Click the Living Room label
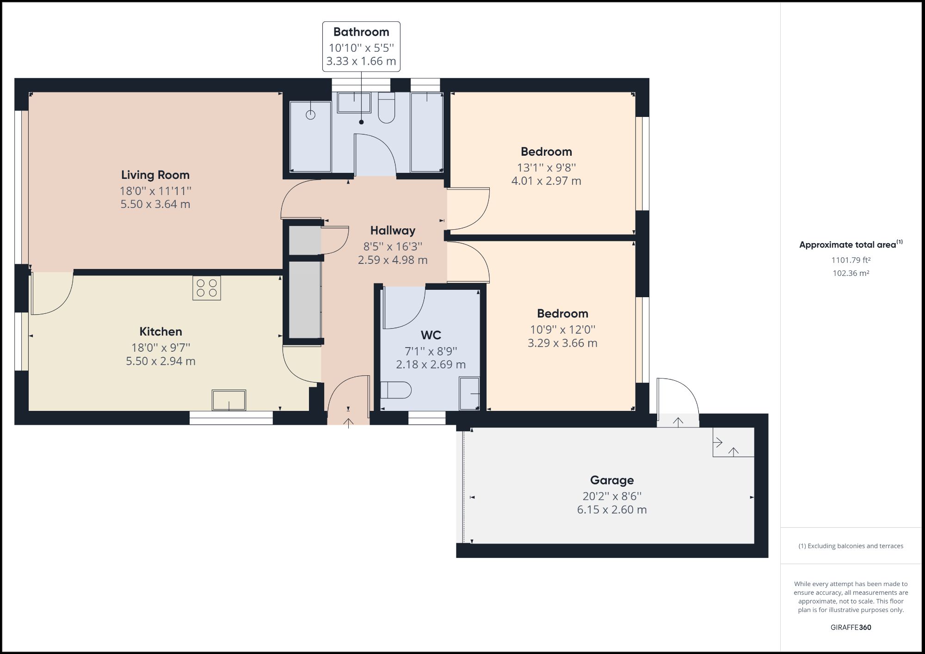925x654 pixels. (x=155, y=175)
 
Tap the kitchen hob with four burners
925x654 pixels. (x=207, y=288)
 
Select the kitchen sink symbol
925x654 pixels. (x=229, y=400)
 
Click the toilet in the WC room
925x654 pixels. (x=396, y=390)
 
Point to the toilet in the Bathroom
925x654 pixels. (x=386, y=108)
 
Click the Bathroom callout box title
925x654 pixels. (x=361, y=32)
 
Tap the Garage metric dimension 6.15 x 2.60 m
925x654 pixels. (x=611, y=509)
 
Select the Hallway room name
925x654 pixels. (x=393, y=230)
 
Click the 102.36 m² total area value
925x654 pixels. (x=851, y=273)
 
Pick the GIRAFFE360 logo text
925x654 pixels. (x=851, y=627)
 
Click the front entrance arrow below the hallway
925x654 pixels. (x=348, y=422)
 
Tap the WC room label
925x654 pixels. (x=431, y=335)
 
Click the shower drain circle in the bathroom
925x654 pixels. (x=310, y=115)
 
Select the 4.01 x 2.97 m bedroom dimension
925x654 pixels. (x=546, y=181)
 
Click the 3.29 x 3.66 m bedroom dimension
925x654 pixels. (x=562, y=343)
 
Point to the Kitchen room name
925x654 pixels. (x=160, y=331)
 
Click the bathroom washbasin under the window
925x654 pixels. (x=354, y=103)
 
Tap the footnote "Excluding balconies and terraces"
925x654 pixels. (x=851, y=546)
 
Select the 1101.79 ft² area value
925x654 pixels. (x=851, y=260)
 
